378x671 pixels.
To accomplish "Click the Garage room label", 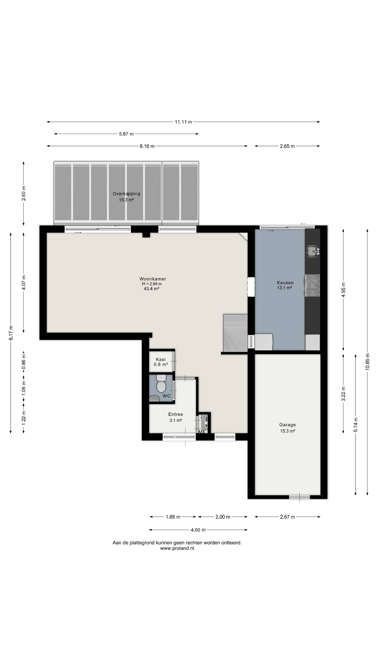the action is click(x=288, y=425).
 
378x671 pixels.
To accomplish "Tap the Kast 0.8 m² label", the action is click(x=161, y=362).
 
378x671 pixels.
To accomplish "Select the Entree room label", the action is click(x=176, y=414).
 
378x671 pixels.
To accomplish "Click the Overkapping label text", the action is click(x=127, y=194).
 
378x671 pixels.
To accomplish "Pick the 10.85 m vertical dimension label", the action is click(x=367, y=362).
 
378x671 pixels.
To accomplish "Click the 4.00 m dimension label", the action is click(x=198, y=530).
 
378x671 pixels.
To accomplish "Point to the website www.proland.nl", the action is click(x=177, y=548).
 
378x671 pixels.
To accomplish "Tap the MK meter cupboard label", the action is click(x=202, y=432).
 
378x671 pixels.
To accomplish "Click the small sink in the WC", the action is click(x=154, y=399).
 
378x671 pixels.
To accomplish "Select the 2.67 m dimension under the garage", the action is click(x=288, y=517).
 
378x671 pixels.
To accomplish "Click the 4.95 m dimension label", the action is click(x=343, y=290).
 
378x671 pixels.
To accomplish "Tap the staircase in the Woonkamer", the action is click(x=235, y=333).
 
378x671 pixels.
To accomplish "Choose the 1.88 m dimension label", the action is click(x=173, y=517).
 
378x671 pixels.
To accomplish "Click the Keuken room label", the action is click(x=285, y=283).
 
